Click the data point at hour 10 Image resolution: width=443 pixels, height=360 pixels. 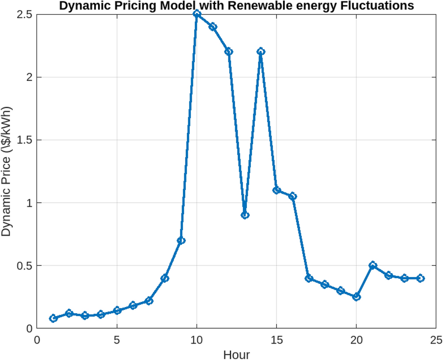(x=197, y=14)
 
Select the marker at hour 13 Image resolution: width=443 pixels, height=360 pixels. (x=245, y=215)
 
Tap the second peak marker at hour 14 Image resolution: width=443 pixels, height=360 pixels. (x=261, y=52)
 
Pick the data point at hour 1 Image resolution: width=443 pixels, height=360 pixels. (x=53, y=318)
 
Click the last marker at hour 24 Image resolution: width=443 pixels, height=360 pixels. (x=420, y=278)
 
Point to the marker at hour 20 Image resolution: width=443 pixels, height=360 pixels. (x=356, y=297)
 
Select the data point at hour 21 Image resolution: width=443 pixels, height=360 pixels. (x=373, y=265)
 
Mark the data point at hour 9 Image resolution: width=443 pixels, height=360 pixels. (x=181, y=240)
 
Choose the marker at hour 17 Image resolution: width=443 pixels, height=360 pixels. (x=309, y=278)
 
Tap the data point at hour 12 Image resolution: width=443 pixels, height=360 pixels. (x=229, y=52)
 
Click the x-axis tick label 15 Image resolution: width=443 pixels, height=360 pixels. (x=276, y=340)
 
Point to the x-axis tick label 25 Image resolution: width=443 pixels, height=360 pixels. (x=436, y=340)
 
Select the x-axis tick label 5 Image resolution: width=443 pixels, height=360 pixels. (x=117, y=340)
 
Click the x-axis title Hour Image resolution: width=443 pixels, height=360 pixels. (x=236, y=354)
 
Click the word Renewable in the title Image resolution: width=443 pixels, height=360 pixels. (x=257, y=6)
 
